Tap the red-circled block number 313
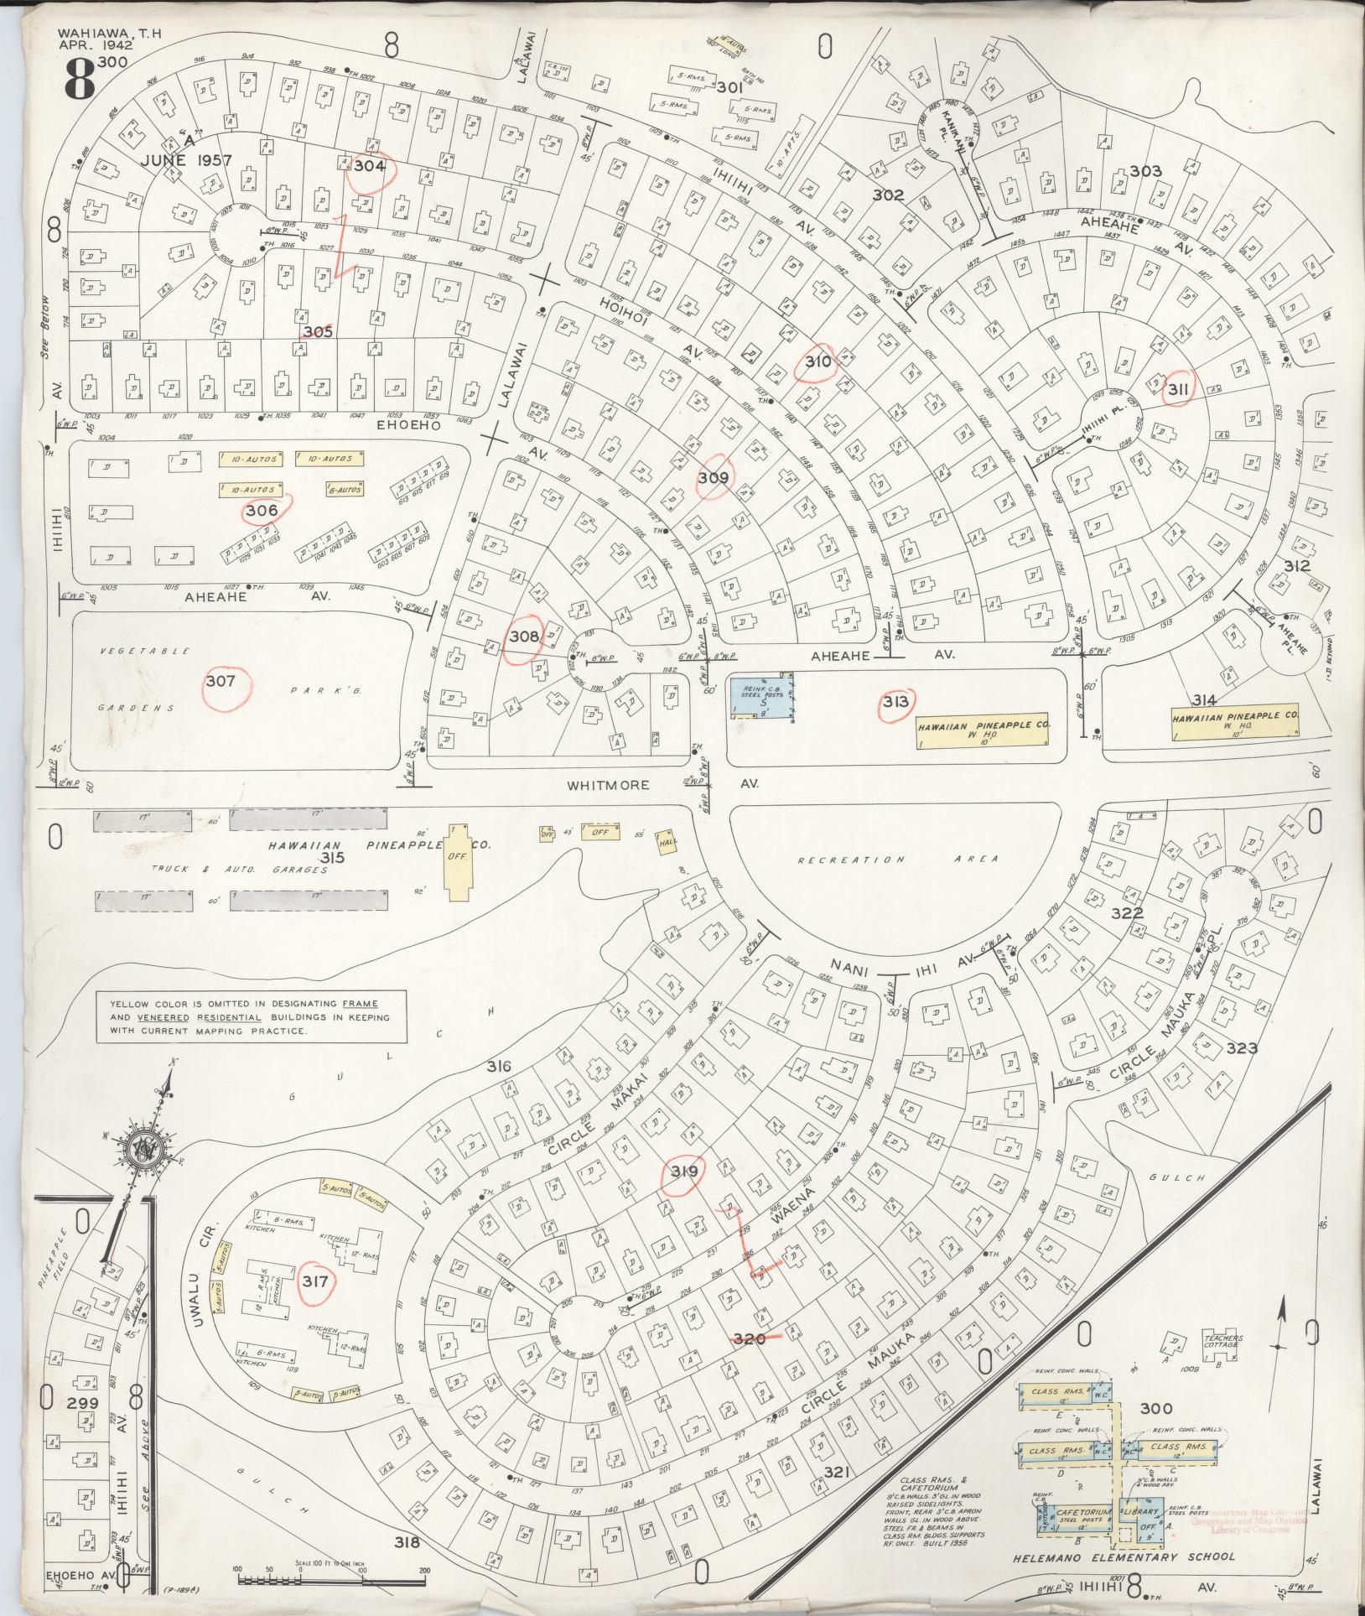click(895, 702)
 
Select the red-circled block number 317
click(317, 1304)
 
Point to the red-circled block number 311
click(1177, 388)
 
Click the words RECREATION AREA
click(897, 859)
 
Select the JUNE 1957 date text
click(180, 159)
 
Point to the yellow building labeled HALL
click(667, 844)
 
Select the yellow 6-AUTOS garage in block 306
click(344, 491)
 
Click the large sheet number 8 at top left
click(77, 77)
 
